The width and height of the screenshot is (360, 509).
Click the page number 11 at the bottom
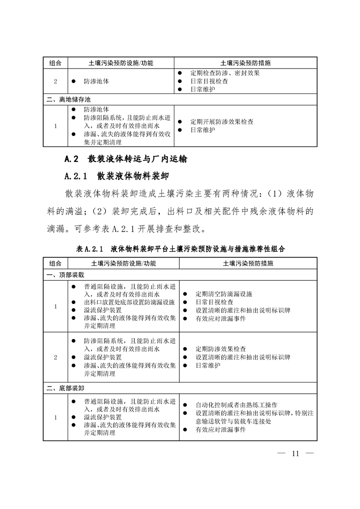296,454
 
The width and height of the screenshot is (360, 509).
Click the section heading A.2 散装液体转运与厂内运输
126,159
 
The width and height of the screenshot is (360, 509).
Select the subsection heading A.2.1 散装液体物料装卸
118,176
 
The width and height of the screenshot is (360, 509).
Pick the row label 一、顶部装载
65,275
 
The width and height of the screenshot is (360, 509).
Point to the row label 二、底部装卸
65,388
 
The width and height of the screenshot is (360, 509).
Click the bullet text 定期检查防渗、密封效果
225,73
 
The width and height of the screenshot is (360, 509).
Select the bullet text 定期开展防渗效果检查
222,122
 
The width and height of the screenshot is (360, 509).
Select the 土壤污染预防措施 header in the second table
248,263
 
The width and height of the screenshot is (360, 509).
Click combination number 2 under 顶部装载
55,357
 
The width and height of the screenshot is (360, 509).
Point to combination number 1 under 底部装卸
55,417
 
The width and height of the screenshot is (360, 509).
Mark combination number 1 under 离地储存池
55,126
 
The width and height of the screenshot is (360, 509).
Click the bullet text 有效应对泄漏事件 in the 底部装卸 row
221,430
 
